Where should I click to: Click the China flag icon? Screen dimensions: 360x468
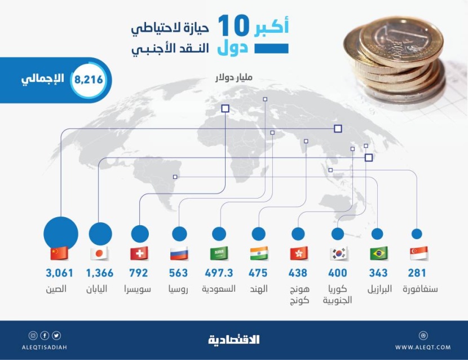tap(59, 253)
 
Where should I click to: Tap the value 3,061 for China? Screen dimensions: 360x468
tap(60, 274)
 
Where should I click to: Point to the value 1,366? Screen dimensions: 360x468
tap(100, 274)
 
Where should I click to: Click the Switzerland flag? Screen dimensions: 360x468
tap(139, 253)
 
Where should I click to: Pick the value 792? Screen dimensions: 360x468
tap(139, 274)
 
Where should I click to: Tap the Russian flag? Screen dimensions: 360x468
tap(179, 253)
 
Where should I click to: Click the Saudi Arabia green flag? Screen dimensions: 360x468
tap(219, 253)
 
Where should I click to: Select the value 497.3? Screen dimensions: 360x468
tap(218, 274)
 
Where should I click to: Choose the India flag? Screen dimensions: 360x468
tap(259, 253)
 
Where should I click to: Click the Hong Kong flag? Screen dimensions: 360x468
tap(298, 253)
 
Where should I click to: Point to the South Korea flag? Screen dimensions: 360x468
tap(339, 253)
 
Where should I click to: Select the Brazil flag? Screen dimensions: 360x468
tap(378, 253)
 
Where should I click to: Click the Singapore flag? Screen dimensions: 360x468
tap(418, 253)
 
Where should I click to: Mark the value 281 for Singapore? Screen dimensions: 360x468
tap(417, 274)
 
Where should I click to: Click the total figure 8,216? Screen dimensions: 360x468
tap(89, 80)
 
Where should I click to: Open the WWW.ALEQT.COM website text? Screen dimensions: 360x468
tap(423, 346)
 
